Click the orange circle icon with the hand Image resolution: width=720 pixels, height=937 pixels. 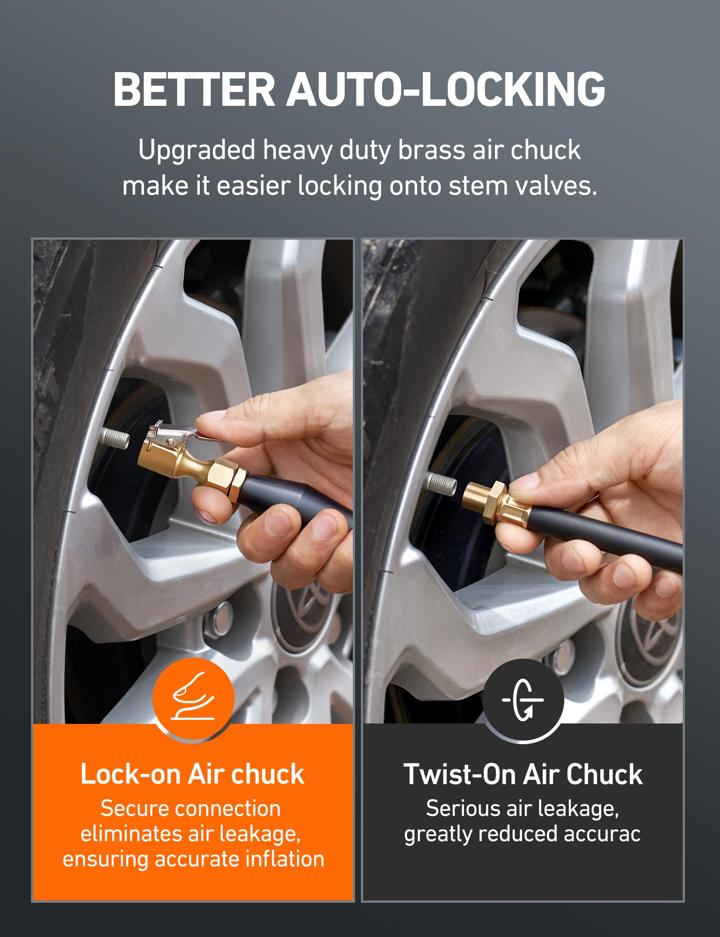coord(193,698)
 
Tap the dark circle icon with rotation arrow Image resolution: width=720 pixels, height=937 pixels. coord(523,700)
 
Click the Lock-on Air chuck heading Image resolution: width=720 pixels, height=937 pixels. coord(193,774)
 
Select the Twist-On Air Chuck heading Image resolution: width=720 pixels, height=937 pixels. coord(523,774)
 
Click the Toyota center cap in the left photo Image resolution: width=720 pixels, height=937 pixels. coord(299,613)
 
